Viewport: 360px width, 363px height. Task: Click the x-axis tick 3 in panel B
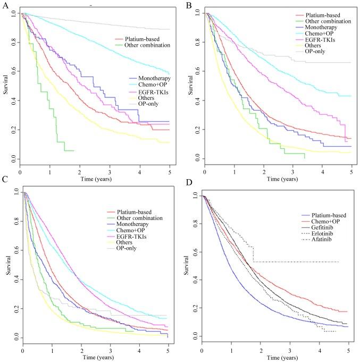pos(293,166)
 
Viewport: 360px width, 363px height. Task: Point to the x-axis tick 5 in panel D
pos(348,348)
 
